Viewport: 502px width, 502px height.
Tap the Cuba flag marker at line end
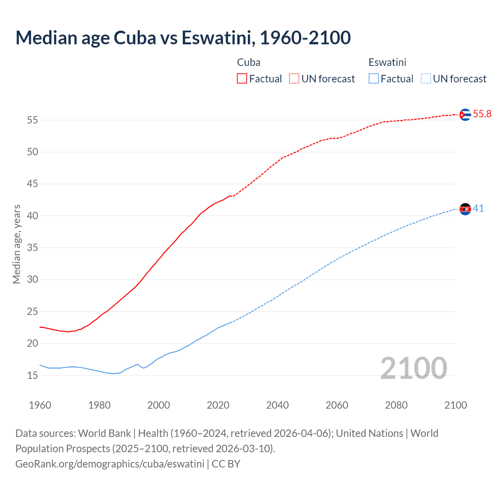click(465, 115)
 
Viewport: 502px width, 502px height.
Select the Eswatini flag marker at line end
click(465, 209)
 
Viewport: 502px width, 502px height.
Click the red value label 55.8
click(482, 114)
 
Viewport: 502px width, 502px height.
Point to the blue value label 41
click(478, 209)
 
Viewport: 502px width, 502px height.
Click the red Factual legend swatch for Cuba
click(242, 79)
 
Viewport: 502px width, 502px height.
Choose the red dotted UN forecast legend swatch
click(294, 79)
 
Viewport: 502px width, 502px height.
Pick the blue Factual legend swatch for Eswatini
click(373, 79)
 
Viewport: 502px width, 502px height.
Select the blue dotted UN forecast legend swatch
click(426, 79)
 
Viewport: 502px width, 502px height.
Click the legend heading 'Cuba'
click(249, 62)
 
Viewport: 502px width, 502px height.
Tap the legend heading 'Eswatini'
click(387, 62)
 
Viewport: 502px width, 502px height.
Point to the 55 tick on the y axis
click(33, 120)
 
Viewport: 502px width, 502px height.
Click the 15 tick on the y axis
click(33, 375)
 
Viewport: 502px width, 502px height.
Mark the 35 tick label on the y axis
click(33, 248)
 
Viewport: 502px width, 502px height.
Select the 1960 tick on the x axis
click(40, 405)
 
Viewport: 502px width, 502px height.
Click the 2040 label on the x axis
click(277, 405)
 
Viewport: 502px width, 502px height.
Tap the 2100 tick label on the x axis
click(455, 405)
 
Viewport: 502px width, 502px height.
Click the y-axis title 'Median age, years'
click(16, 244)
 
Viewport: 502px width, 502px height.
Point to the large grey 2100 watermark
click(413, 368)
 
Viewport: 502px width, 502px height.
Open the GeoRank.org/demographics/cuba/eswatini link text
click(110, 464)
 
